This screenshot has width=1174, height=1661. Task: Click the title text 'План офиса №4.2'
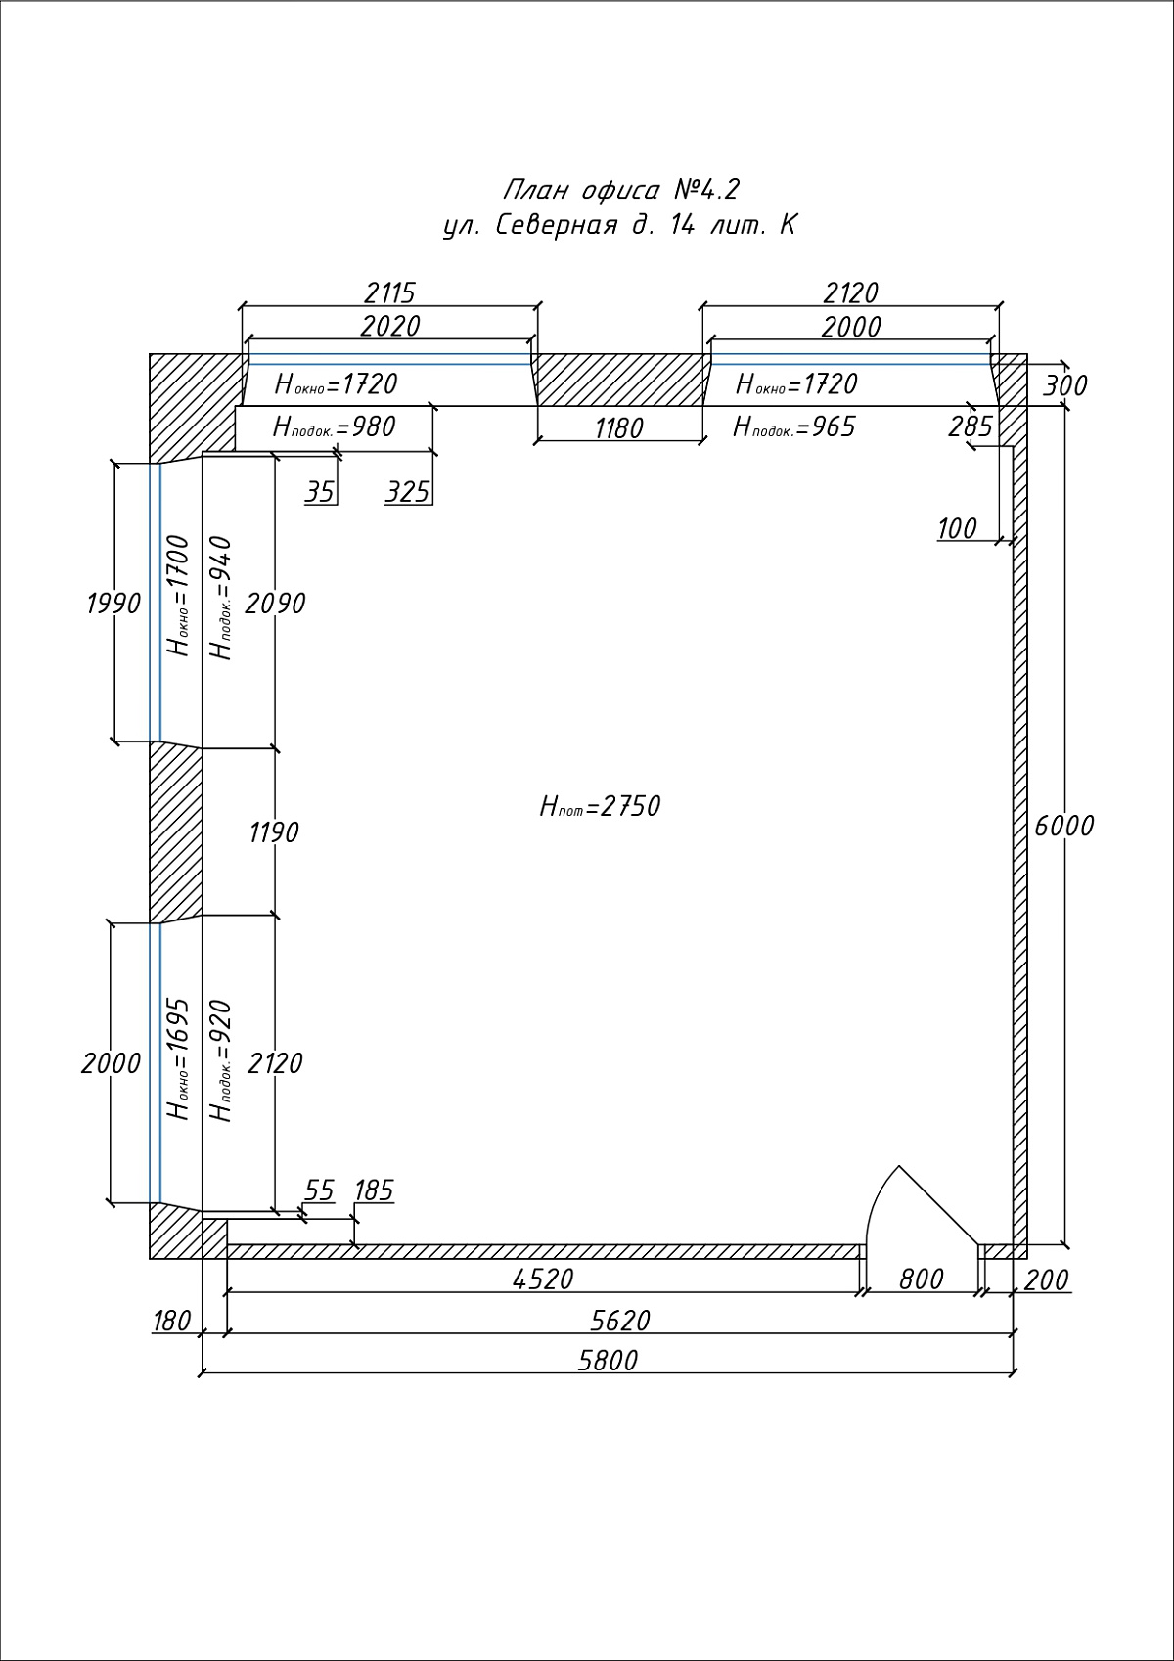pyautogui.click(x=621, y=191)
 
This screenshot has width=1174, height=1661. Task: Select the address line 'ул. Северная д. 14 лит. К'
pyautogui.click(x=620, y=225)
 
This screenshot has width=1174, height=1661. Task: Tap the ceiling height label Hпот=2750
pyautogui.click(x=600, y=806)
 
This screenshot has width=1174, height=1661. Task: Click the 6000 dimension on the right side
pyautogui.click(x=1064, y=826)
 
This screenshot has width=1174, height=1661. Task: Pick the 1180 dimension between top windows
pyautogui.click(x=619, y=428)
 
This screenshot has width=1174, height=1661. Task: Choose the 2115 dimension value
pyautogui.click(x=390, y=293)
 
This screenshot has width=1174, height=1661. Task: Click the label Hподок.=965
pyautogui.click(x=794, y=427)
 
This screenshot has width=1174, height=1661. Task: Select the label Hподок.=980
pyautogui.click(x=335, y=427)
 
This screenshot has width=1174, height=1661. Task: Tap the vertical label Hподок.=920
pyautogui.click(x=221, y=1061)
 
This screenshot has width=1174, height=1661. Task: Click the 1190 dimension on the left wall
pyautogui.click(x=274, y=832)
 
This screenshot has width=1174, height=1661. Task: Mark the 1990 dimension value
pyautogui.click(x=113, y=604)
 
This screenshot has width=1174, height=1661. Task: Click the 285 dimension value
pyautogui.click(x=971, y=427)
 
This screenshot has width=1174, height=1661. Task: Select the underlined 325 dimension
pyautogui.click(x=408, y=492)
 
